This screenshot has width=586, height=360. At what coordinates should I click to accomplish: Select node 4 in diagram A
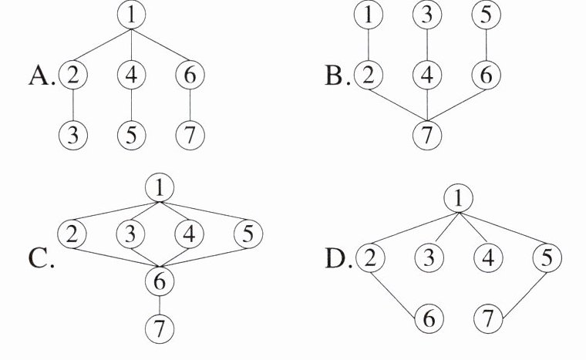pyautogui.click(x=132, y=75)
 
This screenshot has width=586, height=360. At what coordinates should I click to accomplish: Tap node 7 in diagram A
pyautogui.click(x=190, y=135)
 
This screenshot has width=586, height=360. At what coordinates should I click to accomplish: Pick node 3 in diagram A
pyautogui.click(x=73, y=135)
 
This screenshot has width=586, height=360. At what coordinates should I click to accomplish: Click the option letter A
pyautogui.click(x=40, y=76)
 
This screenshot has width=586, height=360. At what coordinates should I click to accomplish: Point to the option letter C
pyautogui.click(x=40, y=259)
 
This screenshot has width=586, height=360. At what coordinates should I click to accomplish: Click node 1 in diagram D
pyautogui.click(x=457, y=199)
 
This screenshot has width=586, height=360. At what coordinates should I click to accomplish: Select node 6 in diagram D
pyautogui.click(x=429, y=317)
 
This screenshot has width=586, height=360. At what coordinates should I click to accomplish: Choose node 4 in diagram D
pyautogui.click(x=488, y=257)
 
